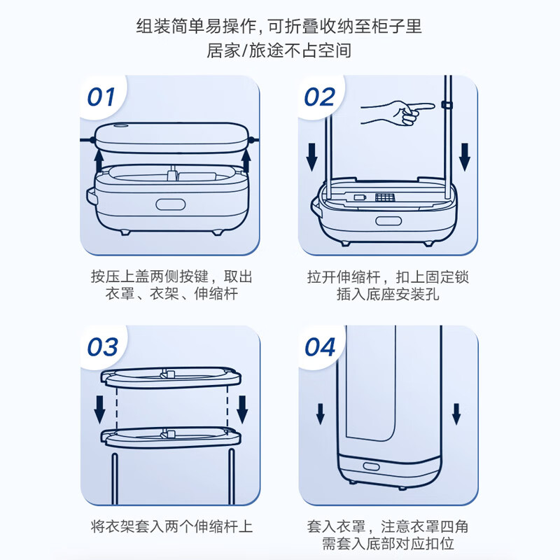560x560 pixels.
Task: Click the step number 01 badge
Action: tap(101, 96)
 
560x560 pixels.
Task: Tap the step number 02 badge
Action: tap(320, 96)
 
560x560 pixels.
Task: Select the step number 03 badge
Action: tap(102, 346)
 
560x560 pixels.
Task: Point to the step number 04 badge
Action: tap(321, 346)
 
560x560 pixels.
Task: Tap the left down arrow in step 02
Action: tap(312, 157)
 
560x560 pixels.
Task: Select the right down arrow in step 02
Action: tap(465, 157)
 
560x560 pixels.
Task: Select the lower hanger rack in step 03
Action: tap(171, 437)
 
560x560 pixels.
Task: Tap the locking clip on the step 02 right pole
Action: tap(446, 105)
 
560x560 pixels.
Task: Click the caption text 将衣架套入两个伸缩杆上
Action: tap(172, 525)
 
